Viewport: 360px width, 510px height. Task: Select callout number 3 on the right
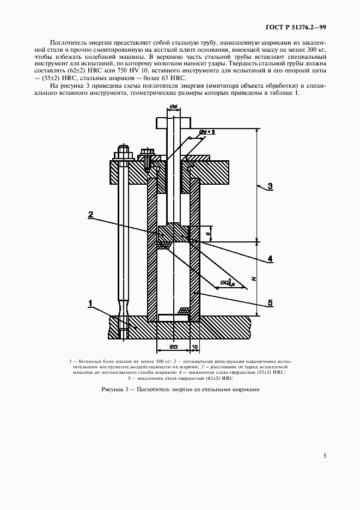270,186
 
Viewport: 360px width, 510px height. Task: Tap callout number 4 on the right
270,258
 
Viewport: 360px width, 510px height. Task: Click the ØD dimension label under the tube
173,346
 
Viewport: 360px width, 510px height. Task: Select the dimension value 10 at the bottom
195,346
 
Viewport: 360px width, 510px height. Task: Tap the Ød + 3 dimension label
208,132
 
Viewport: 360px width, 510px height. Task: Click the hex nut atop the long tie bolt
122,150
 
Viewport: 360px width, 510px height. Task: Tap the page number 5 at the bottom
325,456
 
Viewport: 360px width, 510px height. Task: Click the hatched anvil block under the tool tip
173,233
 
